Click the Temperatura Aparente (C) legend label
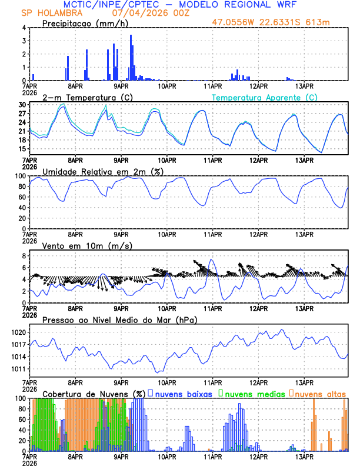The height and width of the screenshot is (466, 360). pyautogui.click(x=265, y=97)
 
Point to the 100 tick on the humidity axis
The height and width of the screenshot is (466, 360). pyautogui.click(x=20, y=176)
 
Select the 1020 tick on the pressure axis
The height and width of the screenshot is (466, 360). pyautogui.click(x=18, y=332)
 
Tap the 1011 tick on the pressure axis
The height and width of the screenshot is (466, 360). pyautogui.click(x=18, y=369)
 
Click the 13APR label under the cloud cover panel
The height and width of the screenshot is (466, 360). pyautogui.click(x=304, y=456)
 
